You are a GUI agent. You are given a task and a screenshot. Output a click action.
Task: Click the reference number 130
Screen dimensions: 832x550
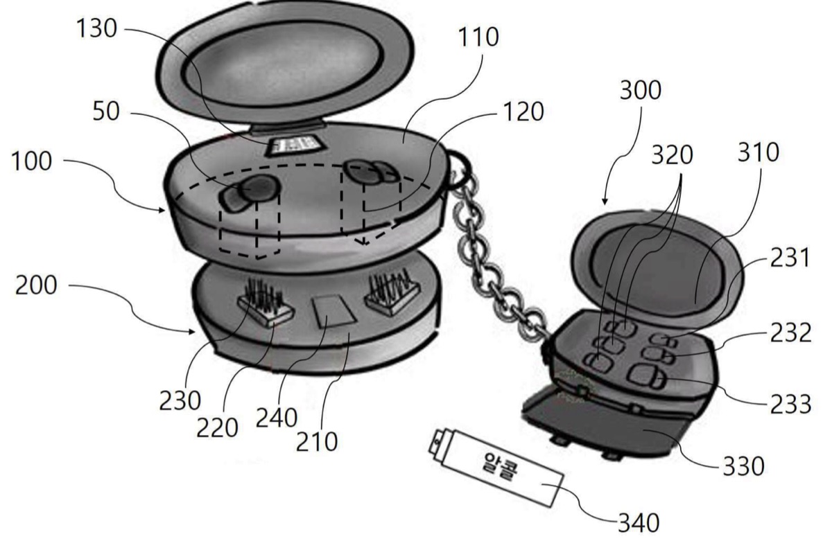coord(96,28)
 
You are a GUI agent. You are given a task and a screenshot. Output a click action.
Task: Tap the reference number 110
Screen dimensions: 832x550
coord(478,37)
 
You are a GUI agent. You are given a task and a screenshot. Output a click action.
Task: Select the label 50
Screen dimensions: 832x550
coord(106,111)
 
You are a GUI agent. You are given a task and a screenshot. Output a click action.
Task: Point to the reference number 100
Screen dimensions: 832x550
coord(32,161)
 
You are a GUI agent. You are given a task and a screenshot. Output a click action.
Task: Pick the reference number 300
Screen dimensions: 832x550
coord(641,90)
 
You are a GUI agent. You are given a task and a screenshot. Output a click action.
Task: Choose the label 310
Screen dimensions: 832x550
coord(758,152)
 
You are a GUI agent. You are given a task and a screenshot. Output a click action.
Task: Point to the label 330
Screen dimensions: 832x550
coord(743,466)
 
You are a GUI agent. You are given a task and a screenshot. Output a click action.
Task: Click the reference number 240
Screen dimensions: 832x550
coord(277,418)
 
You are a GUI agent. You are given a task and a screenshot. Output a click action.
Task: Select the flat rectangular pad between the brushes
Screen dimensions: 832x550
coord(334,311)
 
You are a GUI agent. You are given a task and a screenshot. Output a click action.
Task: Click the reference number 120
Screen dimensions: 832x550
coord(523,112)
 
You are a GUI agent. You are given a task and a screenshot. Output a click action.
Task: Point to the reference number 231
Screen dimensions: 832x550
coord(790,258)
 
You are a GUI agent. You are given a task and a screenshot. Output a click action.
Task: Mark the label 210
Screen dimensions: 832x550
coord(316,442)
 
